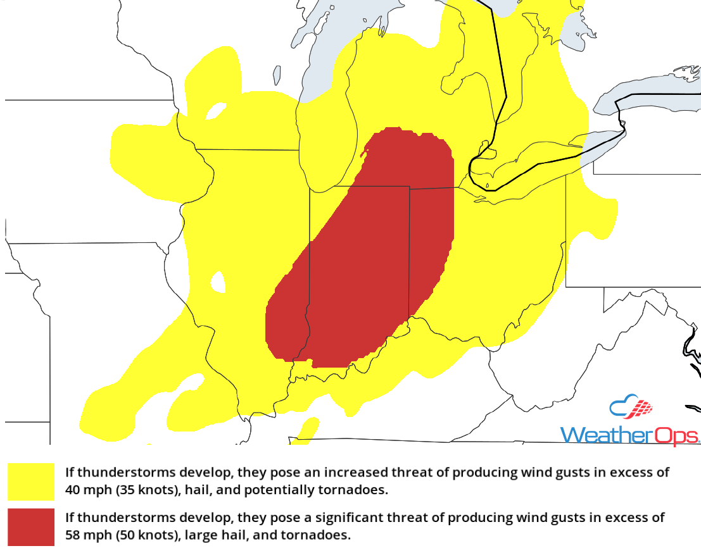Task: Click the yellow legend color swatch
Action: point(31,482)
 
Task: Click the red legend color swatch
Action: point(31,526)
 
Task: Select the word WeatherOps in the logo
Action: point(629,435)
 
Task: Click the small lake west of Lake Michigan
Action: point(277,75)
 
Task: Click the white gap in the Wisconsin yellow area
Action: point(216,111)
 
